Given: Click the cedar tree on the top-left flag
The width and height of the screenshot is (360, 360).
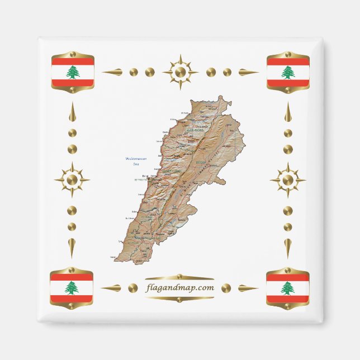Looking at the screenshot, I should tap(73, 72).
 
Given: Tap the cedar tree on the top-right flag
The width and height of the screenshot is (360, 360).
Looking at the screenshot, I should tap(288, 72).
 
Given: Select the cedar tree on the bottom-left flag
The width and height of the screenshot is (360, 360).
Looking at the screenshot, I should tap(71, 287).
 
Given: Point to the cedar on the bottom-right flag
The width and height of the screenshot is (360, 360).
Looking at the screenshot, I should tap(287, 288).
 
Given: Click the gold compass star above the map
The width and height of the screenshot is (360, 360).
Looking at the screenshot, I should tap(180, 72).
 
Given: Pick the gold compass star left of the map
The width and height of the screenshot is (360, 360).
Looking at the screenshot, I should tap(72, 180).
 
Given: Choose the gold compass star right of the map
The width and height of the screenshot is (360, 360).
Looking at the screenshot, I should tap(287, 180).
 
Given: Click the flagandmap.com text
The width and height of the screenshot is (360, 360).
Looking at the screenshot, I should tap(179, 288).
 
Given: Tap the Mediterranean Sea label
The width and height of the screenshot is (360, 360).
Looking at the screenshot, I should tap(136, 160).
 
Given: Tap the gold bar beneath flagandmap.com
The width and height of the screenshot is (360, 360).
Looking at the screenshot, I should tap(179, 299).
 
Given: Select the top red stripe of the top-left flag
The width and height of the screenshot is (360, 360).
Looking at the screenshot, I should tap(73, 60).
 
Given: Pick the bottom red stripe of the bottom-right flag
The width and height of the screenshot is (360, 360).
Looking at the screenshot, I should tap(287, 299).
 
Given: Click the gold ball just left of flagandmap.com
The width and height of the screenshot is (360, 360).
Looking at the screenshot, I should tap(133, 288).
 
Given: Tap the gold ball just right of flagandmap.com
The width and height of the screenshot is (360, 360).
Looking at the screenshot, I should tap(226, 288).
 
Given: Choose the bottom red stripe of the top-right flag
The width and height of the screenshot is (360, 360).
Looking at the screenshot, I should tap(288, 83).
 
